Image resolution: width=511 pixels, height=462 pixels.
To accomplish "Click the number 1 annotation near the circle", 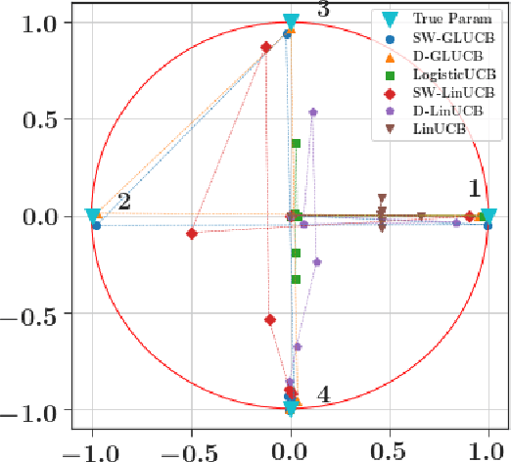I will [x=473, y=188].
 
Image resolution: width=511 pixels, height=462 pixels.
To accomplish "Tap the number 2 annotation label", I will [x=123, y=202].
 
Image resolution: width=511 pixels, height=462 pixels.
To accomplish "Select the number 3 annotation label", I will [x=323, y=10].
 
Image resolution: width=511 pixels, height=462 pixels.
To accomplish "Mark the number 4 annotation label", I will [x=323, y=394].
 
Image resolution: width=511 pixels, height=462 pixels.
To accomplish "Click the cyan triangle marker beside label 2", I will [x=92, y=216].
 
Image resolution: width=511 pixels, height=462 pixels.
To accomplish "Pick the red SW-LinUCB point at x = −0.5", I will [x=192, y=234].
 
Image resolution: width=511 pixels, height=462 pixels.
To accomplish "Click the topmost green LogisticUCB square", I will [x=296, y=143].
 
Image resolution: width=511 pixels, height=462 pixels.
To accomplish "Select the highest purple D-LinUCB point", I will [x=312, y=112].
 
